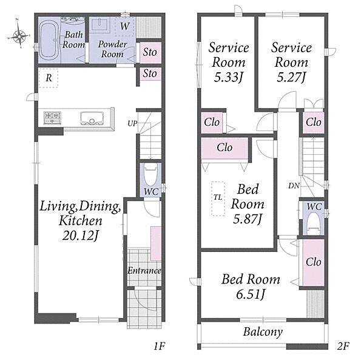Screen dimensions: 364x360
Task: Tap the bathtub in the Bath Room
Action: [x=49, y=40]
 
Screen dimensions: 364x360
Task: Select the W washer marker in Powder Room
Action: [x=124, y=26]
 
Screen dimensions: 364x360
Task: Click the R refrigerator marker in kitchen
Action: [x=49, y=78]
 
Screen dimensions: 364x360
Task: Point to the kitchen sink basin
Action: [x=92, y=118]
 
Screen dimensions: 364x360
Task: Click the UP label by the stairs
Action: [x=132, y=124]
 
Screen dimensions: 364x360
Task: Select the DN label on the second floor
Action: [x=294, y=186]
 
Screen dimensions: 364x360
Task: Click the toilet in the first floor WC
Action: [x=151, y=175]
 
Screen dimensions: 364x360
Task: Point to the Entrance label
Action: [x=144, y=271]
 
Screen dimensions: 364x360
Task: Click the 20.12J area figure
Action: [x=80, y=236]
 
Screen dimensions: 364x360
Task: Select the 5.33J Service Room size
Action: [x=229, y=77]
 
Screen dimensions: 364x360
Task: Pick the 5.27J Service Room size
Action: [x=291, y=77]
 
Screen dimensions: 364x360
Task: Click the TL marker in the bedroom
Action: [x=218, y=197]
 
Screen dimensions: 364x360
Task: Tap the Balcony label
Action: [x=263, y=331]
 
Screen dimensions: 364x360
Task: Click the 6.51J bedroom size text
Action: [x=251, y=294]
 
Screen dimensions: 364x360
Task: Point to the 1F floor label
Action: [x=159, y=346]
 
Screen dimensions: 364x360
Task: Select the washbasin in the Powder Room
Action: [x=99, y=25]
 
